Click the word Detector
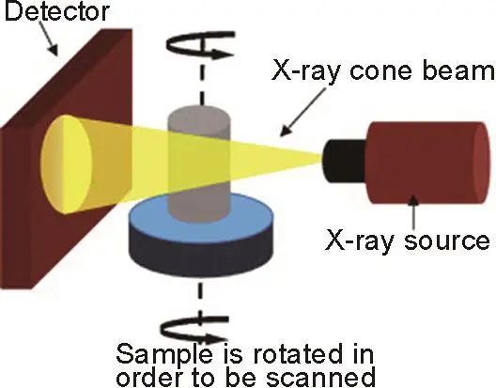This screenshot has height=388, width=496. tap(57, 11)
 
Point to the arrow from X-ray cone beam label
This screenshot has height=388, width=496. tap(302, 112)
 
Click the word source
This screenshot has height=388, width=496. tap(446, 241)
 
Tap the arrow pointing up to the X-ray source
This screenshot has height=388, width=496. tap(414, 212)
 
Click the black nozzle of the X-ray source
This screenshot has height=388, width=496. tap(345, 161)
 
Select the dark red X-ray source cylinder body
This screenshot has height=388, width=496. tap(428, 163)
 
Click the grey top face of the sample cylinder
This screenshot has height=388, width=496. tap(199, 117)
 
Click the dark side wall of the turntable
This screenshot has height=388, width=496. tap(201, 252)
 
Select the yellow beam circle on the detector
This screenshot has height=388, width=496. tap(66, 163)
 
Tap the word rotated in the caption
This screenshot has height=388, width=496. tap(298, 354)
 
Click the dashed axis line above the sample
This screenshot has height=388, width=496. tap(202, 85)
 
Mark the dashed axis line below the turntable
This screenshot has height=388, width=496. tap(200, 296)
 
